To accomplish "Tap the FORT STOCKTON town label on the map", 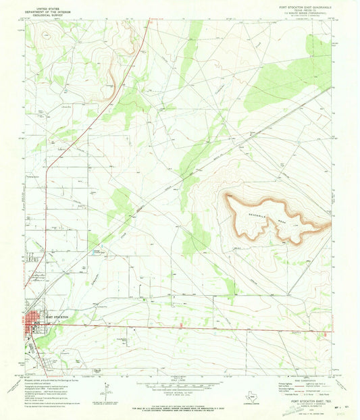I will click(57, 317).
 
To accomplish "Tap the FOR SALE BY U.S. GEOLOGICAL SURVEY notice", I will click(179, 408).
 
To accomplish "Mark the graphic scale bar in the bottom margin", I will click(179, 386).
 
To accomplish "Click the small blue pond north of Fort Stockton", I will click(93, 252).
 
